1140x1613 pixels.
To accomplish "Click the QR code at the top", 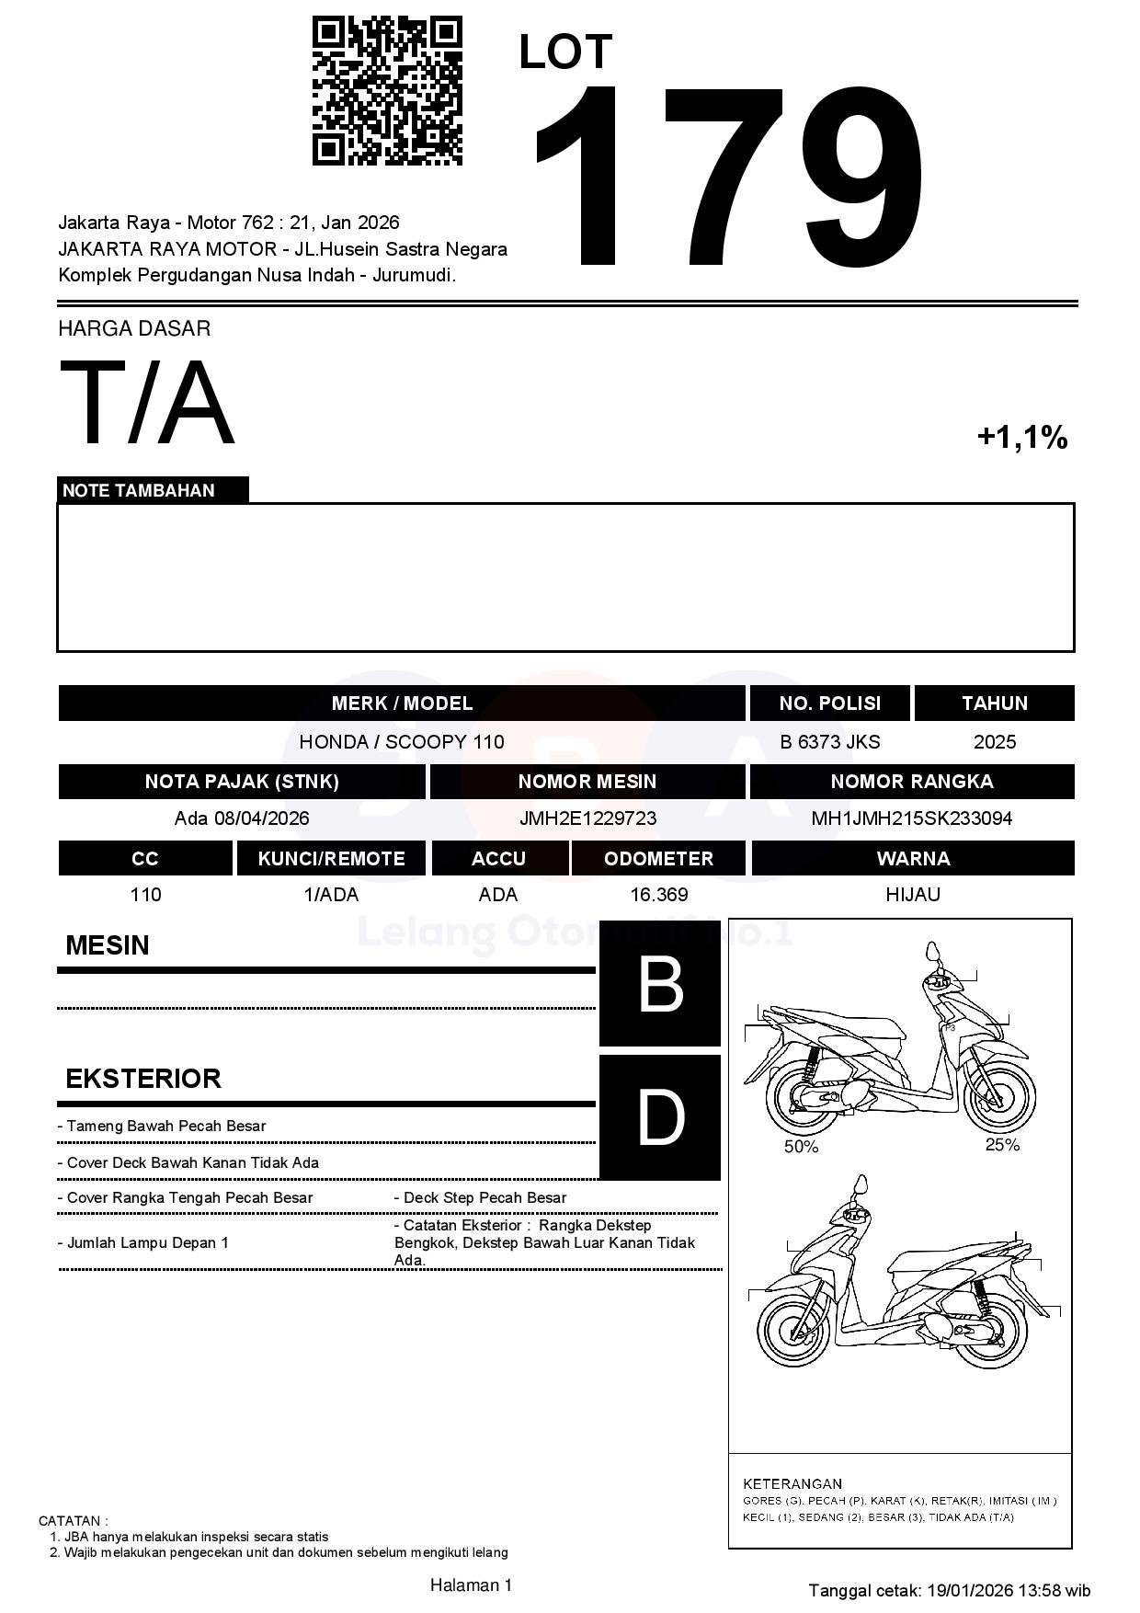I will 387,90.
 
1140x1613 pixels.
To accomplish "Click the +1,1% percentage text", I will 1021,437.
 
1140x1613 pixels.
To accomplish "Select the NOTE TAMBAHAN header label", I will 139,490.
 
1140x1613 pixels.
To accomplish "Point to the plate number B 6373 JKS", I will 829,742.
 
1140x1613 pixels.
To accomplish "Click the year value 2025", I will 994,742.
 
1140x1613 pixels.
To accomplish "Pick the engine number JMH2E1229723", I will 587,818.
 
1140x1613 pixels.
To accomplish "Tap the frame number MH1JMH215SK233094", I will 911,818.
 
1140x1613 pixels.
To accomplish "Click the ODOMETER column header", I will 658,858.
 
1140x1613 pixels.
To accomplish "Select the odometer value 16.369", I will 658,895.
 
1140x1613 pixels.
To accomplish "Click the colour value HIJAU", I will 912,895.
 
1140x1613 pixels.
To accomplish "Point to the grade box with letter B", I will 660,984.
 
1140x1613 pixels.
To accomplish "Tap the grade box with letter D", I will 660,1117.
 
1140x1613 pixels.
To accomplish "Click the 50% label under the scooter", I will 801,1147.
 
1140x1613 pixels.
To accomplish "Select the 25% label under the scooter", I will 1002,1145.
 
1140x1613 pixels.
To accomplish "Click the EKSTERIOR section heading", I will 143,1079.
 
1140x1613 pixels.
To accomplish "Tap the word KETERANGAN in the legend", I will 792,1483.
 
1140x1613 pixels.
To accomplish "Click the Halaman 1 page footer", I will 471,1584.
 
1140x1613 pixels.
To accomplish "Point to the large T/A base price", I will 147,403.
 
